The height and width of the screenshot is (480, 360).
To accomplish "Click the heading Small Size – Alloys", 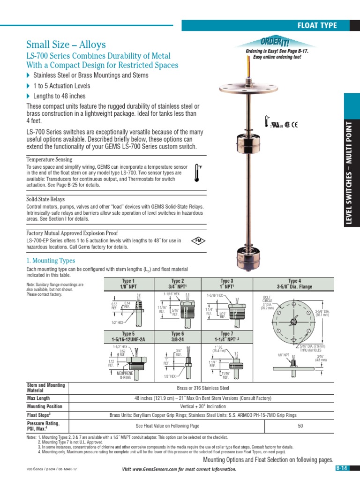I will click(x=66, y=45).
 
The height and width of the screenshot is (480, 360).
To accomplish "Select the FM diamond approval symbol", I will click(x=198, y=240).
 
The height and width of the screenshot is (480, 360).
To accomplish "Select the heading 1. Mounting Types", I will click(x=51, y=260).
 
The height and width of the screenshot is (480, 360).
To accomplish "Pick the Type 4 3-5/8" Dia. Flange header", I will click(x=294, y=284).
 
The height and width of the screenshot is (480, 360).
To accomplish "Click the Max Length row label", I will click(x=39, y=398).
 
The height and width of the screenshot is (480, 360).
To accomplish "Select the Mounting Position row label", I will click(x=45, y=406).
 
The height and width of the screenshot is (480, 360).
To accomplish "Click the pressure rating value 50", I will click(x=300, y=426).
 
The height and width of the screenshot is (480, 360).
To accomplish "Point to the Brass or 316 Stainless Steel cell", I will click(x=202, y=388).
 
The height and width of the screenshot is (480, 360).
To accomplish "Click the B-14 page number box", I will click(x=342, y=468).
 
